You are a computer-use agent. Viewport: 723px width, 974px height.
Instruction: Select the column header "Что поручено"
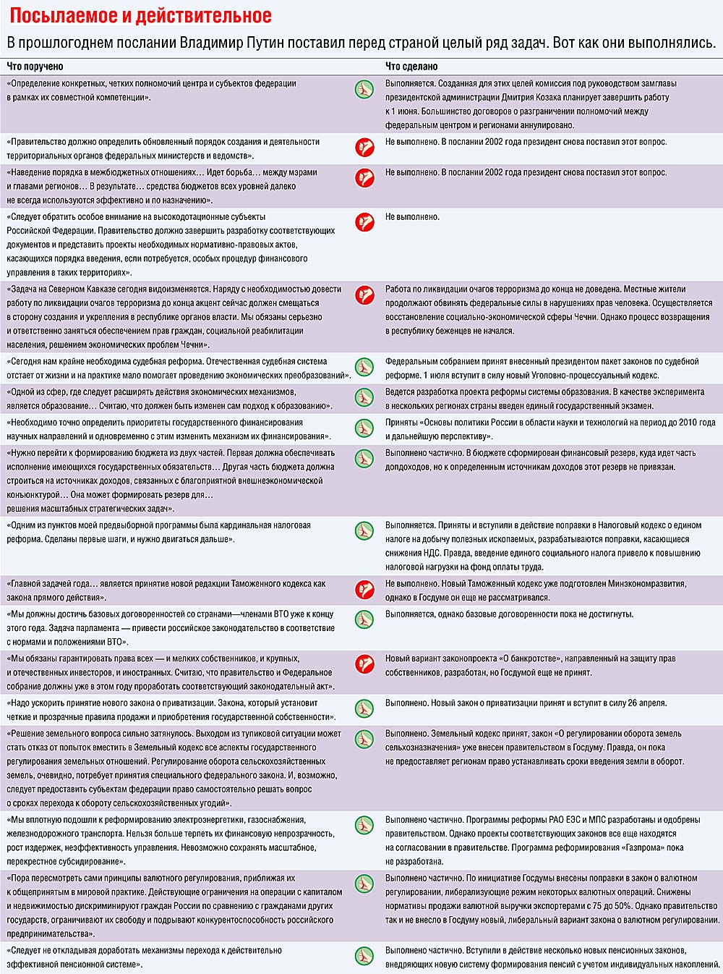[x=35, y=67]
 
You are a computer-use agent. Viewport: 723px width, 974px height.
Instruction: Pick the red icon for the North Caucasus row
[x=364, y=295]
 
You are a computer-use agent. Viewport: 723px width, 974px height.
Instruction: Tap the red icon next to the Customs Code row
[x=364, y=589]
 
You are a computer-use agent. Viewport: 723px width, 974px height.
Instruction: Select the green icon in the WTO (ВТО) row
[x=364, y=619]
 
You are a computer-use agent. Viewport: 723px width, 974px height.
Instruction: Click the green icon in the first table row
[x=364, y=89]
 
